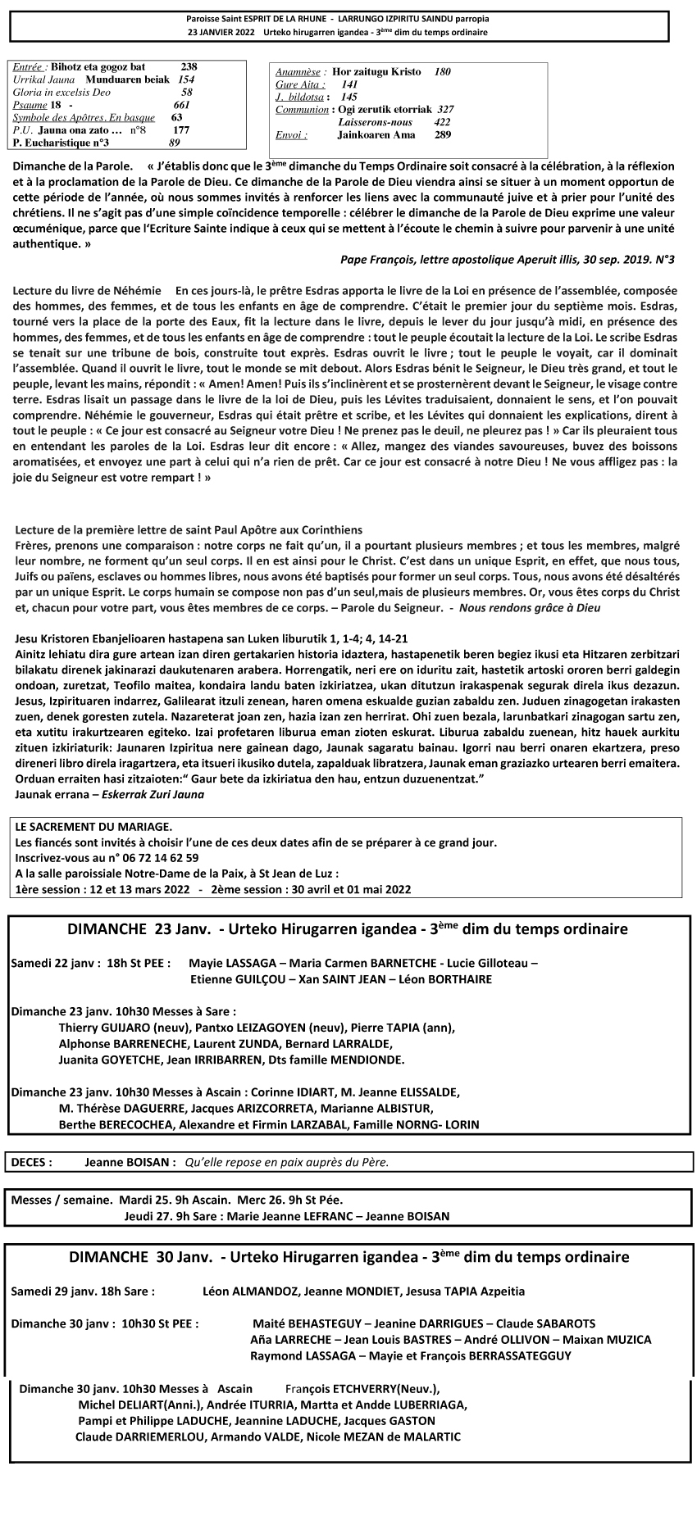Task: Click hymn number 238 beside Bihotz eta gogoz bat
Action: [189, 67]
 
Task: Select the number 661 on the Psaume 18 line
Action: [181, 106]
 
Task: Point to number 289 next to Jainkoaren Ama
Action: [443, 135]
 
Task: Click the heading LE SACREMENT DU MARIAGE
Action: [93, 828]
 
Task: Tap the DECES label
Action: [32, 1162]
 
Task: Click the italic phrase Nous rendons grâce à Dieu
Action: [530, 608]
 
